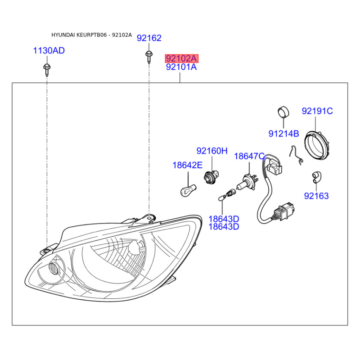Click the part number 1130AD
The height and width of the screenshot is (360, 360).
point(49,50)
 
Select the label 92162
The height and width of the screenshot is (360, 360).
point(149,38)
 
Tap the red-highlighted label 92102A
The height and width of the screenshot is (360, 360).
point(181,58)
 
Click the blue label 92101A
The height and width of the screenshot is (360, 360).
point(181,67)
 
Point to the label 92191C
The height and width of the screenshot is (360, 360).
point(317,111)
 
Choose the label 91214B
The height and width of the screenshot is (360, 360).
point(284,134)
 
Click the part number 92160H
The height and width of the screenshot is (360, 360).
point(212,151)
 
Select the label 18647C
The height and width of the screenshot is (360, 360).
point(249,156)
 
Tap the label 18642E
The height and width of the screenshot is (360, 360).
point(187,165)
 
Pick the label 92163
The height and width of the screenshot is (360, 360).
point(316,196)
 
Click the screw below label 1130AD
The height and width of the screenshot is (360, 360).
point(47,70)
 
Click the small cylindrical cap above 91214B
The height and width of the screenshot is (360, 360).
point(283,112)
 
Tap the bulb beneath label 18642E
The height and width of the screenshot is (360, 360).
point(188,190)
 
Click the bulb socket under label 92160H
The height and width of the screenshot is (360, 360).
point(211,176)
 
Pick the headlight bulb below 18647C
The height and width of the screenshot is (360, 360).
point(247,182)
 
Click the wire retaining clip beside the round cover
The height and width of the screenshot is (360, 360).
point(296,155)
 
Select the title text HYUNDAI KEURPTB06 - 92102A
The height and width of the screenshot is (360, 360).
point(92,35)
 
